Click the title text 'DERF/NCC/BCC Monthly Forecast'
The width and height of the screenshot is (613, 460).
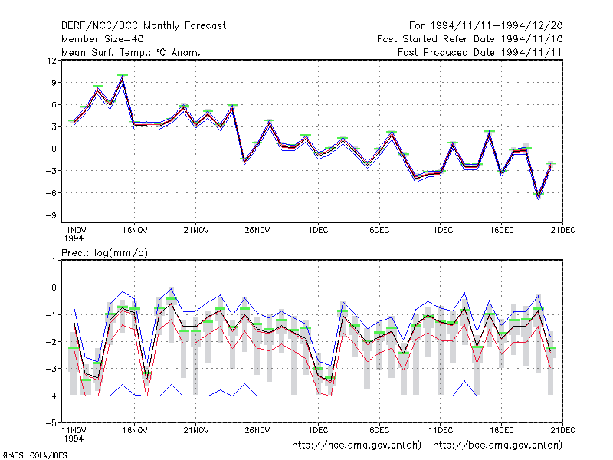click(143, 26)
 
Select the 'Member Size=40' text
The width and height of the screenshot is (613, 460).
click(103, 39)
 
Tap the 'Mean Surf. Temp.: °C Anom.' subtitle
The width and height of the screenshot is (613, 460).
click(131, 52)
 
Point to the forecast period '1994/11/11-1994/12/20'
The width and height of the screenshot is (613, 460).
click(497, 26)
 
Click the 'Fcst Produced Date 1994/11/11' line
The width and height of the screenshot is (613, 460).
click(480, 52)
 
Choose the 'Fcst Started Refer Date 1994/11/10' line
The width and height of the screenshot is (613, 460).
click(470, 39)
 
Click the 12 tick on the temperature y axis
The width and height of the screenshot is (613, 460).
click(52, 61)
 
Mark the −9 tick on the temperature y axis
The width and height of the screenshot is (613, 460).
click(51, 215)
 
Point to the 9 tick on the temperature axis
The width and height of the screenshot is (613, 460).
click(54, 83)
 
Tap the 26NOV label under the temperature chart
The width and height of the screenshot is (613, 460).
click(257, 231)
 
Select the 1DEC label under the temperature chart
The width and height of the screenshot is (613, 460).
click(318, 231)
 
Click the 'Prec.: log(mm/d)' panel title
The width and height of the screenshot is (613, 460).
click(105, 253)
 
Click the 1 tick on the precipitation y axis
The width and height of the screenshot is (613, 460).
click(54, 261)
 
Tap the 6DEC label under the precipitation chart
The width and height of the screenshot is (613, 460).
click(379, 430)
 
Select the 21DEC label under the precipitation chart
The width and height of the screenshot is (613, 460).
click(563, 430)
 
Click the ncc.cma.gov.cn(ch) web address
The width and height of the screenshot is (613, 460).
click(357, 445)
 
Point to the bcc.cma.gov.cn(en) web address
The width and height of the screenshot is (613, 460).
click(497, 445)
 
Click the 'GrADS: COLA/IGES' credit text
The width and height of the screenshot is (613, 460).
click(35, 455)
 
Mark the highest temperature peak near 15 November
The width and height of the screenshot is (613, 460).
click(123, 77)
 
